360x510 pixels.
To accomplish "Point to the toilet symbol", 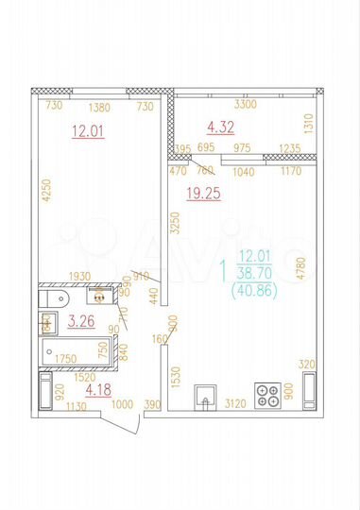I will pyautogui.click(x=52, y=299).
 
